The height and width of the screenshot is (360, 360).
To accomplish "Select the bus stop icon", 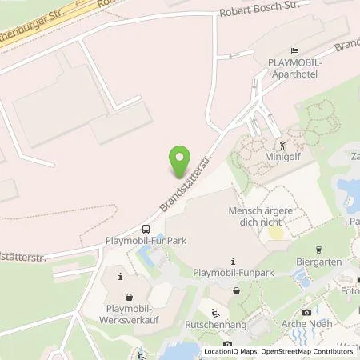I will (x=145, y=227).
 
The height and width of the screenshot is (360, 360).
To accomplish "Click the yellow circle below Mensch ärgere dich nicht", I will (x=274, y=233).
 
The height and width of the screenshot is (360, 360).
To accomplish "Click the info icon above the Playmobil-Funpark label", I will (x=233, y=261).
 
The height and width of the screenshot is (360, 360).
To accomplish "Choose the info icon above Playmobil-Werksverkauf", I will (x=120, y=277).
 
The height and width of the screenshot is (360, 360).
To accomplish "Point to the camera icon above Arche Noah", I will (x=306, y=312).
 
